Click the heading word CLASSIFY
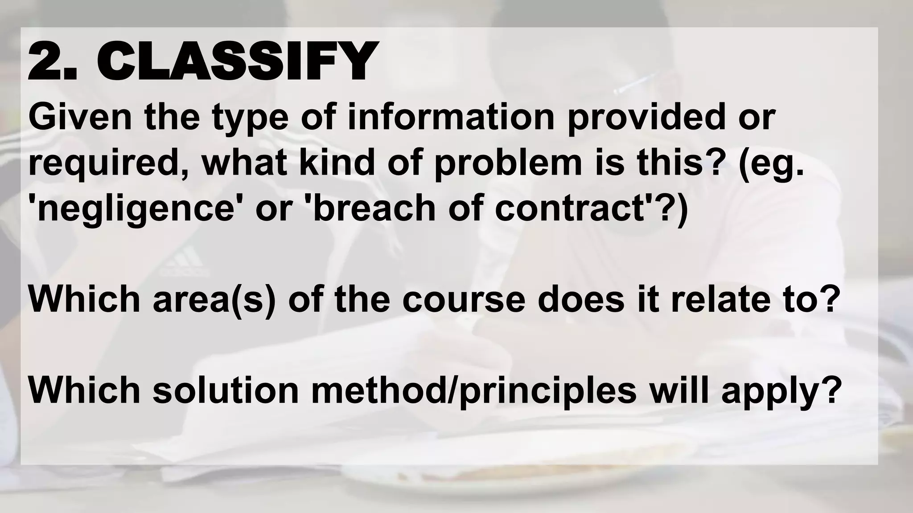236,61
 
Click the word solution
225,390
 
